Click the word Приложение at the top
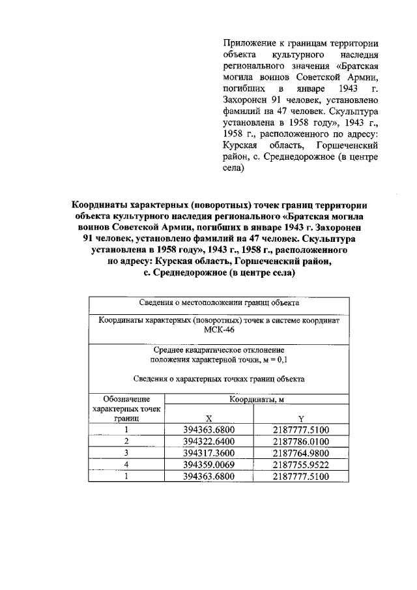[248, 43]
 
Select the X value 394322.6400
[208, 441]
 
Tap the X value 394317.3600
[208, 453]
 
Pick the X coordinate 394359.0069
[208, 465]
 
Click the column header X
[208, 419]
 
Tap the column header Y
[301, 419]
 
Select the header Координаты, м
[255, 399]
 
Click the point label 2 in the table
[126, 441]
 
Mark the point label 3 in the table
[126, 453]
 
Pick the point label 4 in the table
[126, 465]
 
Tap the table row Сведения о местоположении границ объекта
[218, 303]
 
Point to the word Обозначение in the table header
[126, 399]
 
